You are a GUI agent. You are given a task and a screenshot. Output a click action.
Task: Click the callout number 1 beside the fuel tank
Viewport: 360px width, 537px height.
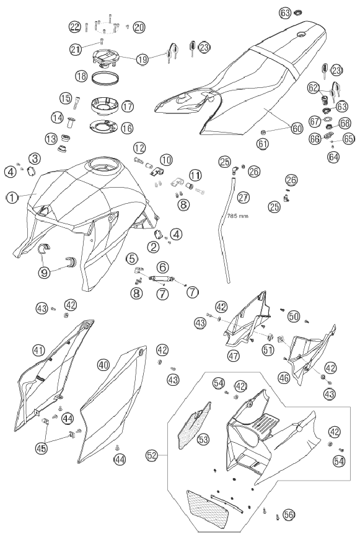[x=12, y=197]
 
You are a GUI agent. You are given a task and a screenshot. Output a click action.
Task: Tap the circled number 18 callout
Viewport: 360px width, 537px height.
[x=82, y=76]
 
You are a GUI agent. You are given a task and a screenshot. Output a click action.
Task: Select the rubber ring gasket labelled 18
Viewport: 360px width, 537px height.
[x=105, y=79]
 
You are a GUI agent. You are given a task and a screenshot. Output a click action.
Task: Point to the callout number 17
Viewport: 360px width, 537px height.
[x=127, y=106]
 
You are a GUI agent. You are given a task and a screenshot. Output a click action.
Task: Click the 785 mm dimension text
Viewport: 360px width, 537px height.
[x=238, y=216]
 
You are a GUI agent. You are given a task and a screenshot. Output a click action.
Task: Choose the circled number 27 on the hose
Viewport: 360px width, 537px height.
[x=244, y=197]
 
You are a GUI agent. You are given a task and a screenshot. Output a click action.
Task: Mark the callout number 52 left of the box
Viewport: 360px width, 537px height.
[x=152, y=455]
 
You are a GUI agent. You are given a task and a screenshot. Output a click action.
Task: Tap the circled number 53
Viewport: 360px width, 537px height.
[x=203, y=439]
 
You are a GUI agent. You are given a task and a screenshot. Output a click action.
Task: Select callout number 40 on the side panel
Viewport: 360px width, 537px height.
[x=103, y=364]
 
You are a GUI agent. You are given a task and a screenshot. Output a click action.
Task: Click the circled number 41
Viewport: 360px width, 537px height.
[x=38, y=350]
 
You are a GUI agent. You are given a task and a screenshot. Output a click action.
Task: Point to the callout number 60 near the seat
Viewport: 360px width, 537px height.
[x=297, y=128]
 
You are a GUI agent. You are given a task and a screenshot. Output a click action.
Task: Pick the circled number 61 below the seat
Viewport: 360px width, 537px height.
[x=263, y=144]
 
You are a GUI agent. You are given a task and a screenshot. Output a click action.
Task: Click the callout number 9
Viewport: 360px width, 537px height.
[x=45, y=273]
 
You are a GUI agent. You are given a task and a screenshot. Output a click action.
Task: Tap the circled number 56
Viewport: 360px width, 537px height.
[x=288, y=514]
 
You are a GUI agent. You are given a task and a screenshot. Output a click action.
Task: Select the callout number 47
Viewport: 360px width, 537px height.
[x=234, y=356]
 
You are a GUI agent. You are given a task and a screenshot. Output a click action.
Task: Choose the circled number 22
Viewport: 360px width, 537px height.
[x=75, y=27]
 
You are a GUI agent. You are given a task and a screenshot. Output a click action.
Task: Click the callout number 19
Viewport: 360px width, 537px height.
[x=143, y=59]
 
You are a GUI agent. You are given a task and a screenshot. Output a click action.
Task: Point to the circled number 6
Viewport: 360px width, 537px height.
[x=163, y=267]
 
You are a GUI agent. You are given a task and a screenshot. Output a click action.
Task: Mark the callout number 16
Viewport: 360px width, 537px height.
[x=127, y=128]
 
